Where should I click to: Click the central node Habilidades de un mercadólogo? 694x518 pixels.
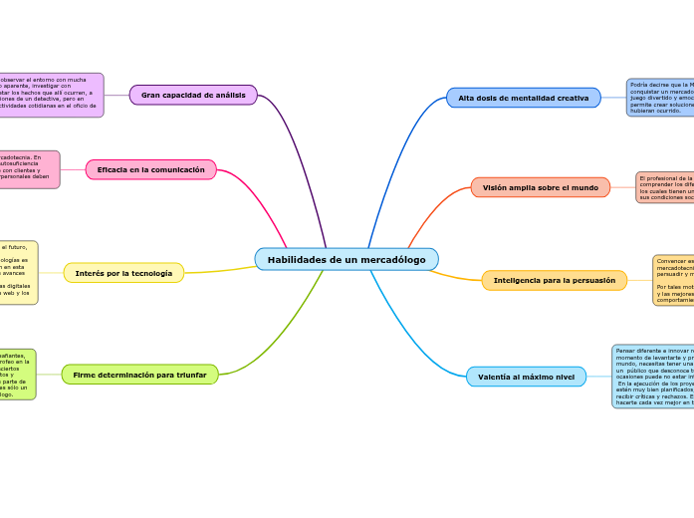tap(347, 260)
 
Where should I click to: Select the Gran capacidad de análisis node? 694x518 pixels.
tap(193, 96)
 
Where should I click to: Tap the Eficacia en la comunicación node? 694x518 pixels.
tap(151, 170)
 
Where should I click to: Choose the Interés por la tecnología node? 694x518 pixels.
tap(123, 273)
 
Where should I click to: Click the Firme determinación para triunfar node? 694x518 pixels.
tap(140, 375)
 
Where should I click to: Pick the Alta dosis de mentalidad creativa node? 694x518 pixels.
tap(524, 98)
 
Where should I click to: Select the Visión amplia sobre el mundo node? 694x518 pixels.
tap(541, 187)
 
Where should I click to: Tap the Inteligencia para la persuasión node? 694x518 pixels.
tap(555, 281)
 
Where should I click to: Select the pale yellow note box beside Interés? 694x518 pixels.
tap(19, 272)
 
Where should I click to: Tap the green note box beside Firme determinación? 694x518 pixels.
tap(18, 375)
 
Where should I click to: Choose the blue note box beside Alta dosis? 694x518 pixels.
tap(660, 99)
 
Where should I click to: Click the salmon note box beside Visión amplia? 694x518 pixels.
tap(665, 187)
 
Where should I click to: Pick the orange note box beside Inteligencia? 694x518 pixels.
tap(673, 281)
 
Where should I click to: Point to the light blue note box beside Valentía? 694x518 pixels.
tap(653, 377)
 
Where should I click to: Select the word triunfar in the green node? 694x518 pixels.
tap(188, 375)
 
